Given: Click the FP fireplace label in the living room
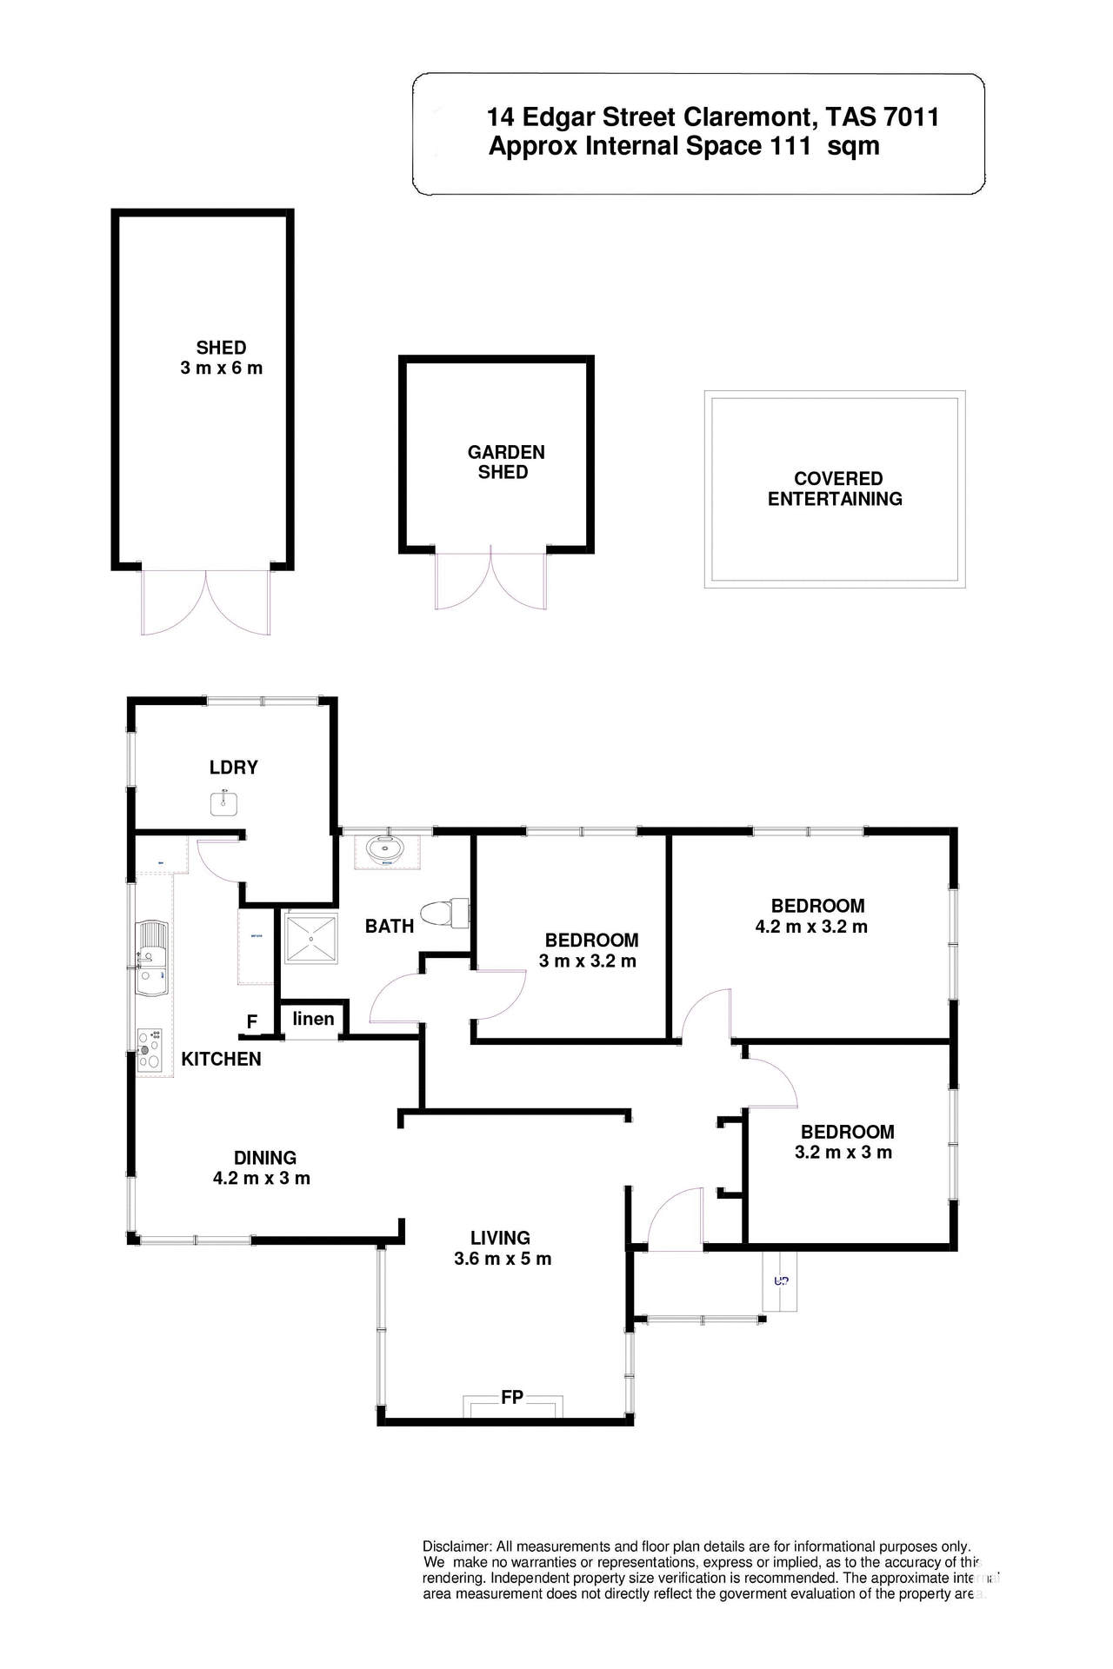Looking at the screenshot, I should [512, 1397].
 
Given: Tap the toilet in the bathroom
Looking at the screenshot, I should [442, 914].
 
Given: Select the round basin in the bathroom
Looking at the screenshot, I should [386, 849].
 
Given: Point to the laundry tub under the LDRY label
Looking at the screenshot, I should [225, 802].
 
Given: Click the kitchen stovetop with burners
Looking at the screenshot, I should [150, 1049].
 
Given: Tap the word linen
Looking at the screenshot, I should [313, 1018].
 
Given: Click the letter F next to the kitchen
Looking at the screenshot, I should [252, 1021].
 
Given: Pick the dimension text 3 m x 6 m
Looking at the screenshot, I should [221, 368].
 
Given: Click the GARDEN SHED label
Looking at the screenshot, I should [505, 462].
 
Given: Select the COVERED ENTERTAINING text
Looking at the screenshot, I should [836, 489].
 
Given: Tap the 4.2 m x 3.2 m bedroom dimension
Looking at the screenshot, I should [811, 927].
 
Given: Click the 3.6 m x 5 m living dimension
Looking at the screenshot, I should [503, 1259].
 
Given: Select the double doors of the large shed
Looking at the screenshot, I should [207, 602].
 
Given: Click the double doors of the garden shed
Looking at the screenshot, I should [491, 580].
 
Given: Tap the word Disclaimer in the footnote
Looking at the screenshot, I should [457, 1546].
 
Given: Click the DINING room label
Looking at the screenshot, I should [265, 1158].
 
